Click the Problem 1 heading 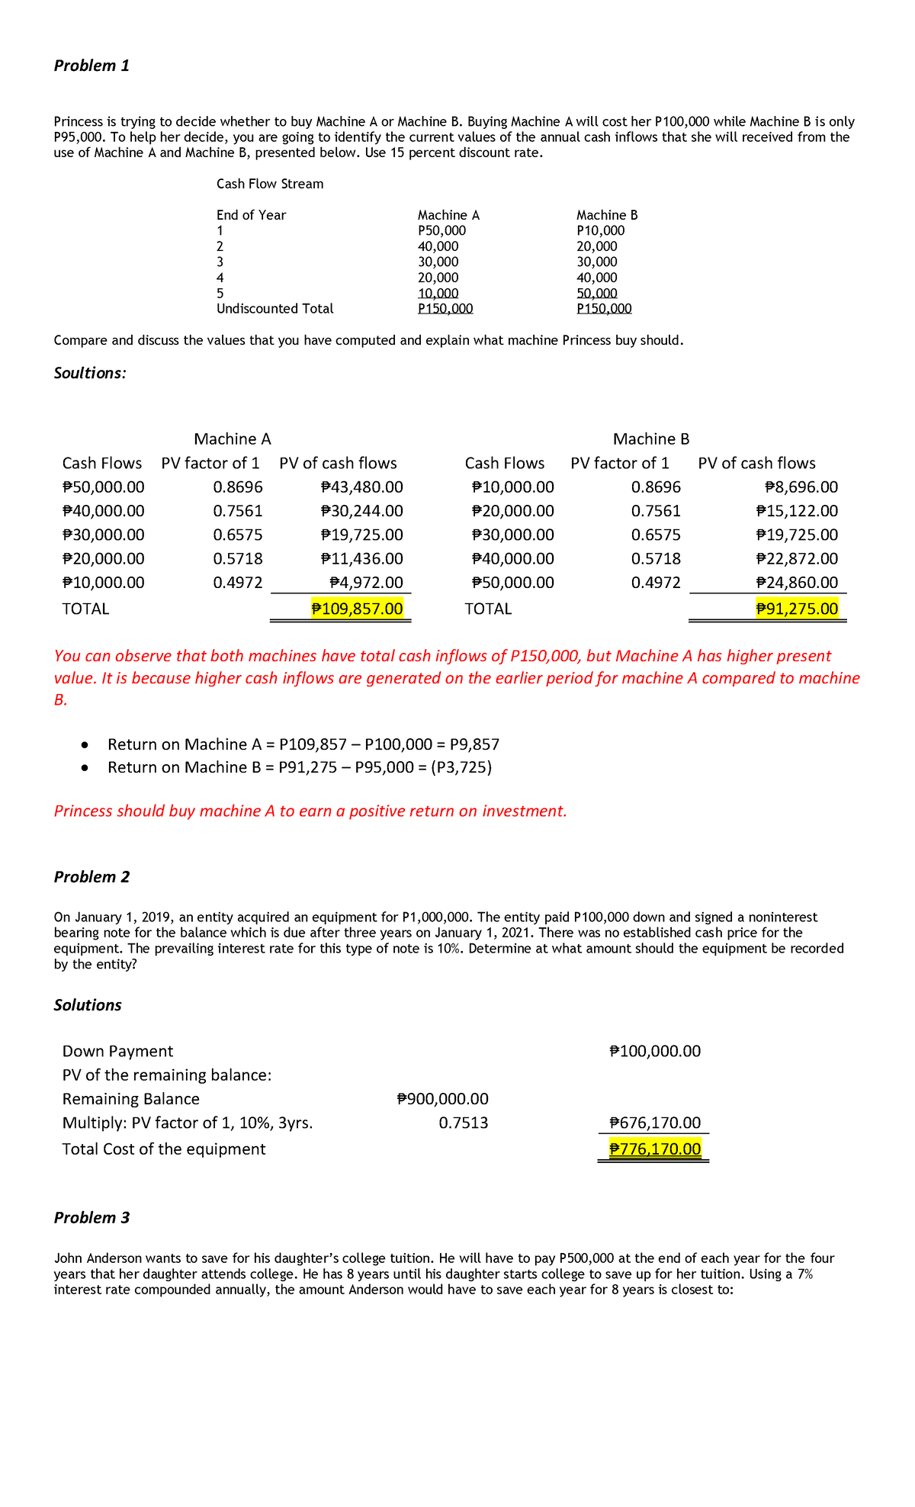point(91,66)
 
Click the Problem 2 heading point(91,877)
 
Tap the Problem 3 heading point(91,1218)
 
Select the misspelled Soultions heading point(90,373)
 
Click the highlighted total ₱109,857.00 point(358,609)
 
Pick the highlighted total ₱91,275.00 point(797,609)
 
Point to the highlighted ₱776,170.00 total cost point(656,1149)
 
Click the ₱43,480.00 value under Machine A point(362,487)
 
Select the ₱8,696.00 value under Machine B point(801,487)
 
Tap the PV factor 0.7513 point(464,1123)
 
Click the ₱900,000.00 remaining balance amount point(443,1099)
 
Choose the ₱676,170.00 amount point(656,1123)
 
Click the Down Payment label point(117,1052)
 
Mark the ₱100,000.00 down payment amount point(656,1052)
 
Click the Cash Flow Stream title point(270,184)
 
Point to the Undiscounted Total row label point(274,309)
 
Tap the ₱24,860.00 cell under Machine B point(797,583)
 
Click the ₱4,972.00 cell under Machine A point(366,583)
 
